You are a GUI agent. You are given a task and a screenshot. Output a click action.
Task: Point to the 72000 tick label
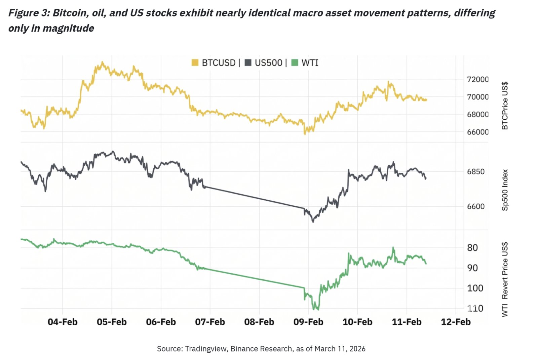click(477, 79)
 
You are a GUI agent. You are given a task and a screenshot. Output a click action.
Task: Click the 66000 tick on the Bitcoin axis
click(477, 132)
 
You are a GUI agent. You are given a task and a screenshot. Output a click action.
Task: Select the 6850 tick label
click(476, 171)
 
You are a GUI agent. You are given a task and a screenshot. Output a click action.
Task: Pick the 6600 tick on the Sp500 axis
click(476, 206)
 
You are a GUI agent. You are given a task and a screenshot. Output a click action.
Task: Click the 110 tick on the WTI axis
click(475, 308)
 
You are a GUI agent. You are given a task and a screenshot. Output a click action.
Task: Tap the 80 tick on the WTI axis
click(472, 248)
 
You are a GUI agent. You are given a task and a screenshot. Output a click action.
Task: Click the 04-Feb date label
click(63, 322)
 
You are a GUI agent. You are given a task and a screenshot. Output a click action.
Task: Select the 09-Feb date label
click(308, 322)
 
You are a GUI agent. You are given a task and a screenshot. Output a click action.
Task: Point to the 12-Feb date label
click(456, 322)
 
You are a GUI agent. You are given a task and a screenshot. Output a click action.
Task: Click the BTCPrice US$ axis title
click(505, 106)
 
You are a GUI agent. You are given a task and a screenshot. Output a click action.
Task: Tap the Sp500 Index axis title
click(505, 190)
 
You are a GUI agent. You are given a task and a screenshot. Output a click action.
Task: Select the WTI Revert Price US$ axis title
click(505, 279)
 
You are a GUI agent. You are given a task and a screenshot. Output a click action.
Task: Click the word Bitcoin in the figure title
click(70, 13)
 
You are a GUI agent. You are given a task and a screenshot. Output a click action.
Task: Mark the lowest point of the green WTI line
click(316, 309)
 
